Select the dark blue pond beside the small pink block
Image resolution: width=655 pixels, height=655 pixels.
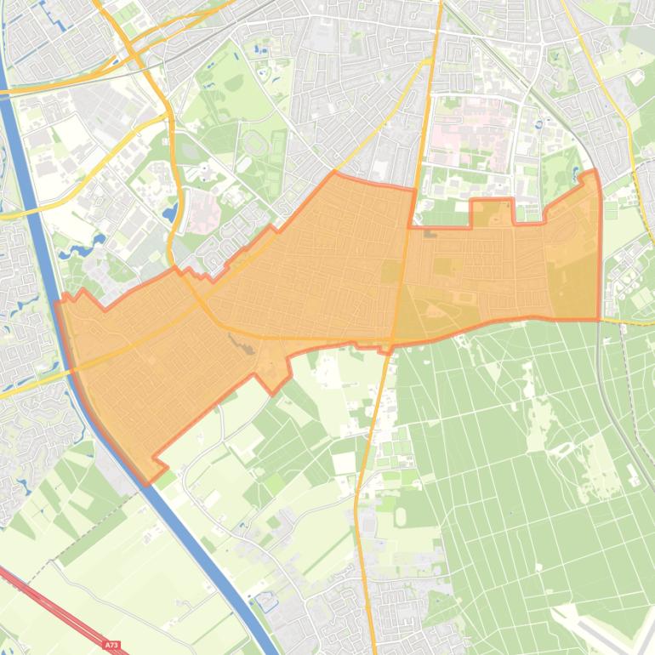pos(173,209)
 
